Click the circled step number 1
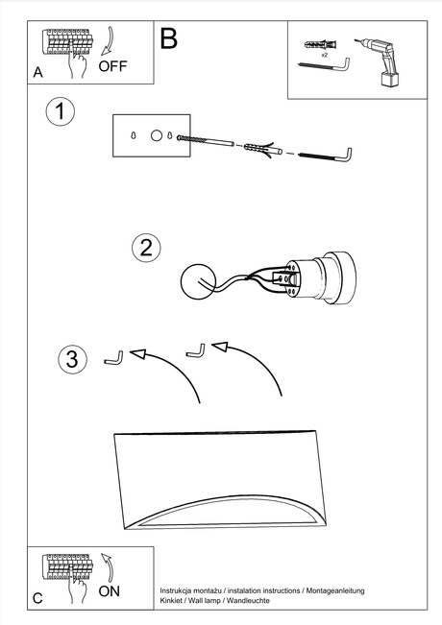[61, 112]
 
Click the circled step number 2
[145, 247]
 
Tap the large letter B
[169, 39]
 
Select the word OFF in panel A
[112, 66]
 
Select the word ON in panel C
[110, 591]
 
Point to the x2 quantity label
[325, 56]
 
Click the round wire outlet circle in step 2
[201, 280]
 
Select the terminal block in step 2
[287, 279]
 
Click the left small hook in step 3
[113, 358]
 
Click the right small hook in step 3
[196, 350]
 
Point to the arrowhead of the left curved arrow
[138, 355]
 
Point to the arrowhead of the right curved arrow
[221, 346]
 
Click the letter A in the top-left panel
[37, 72]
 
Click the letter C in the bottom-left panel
[37, 597]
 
